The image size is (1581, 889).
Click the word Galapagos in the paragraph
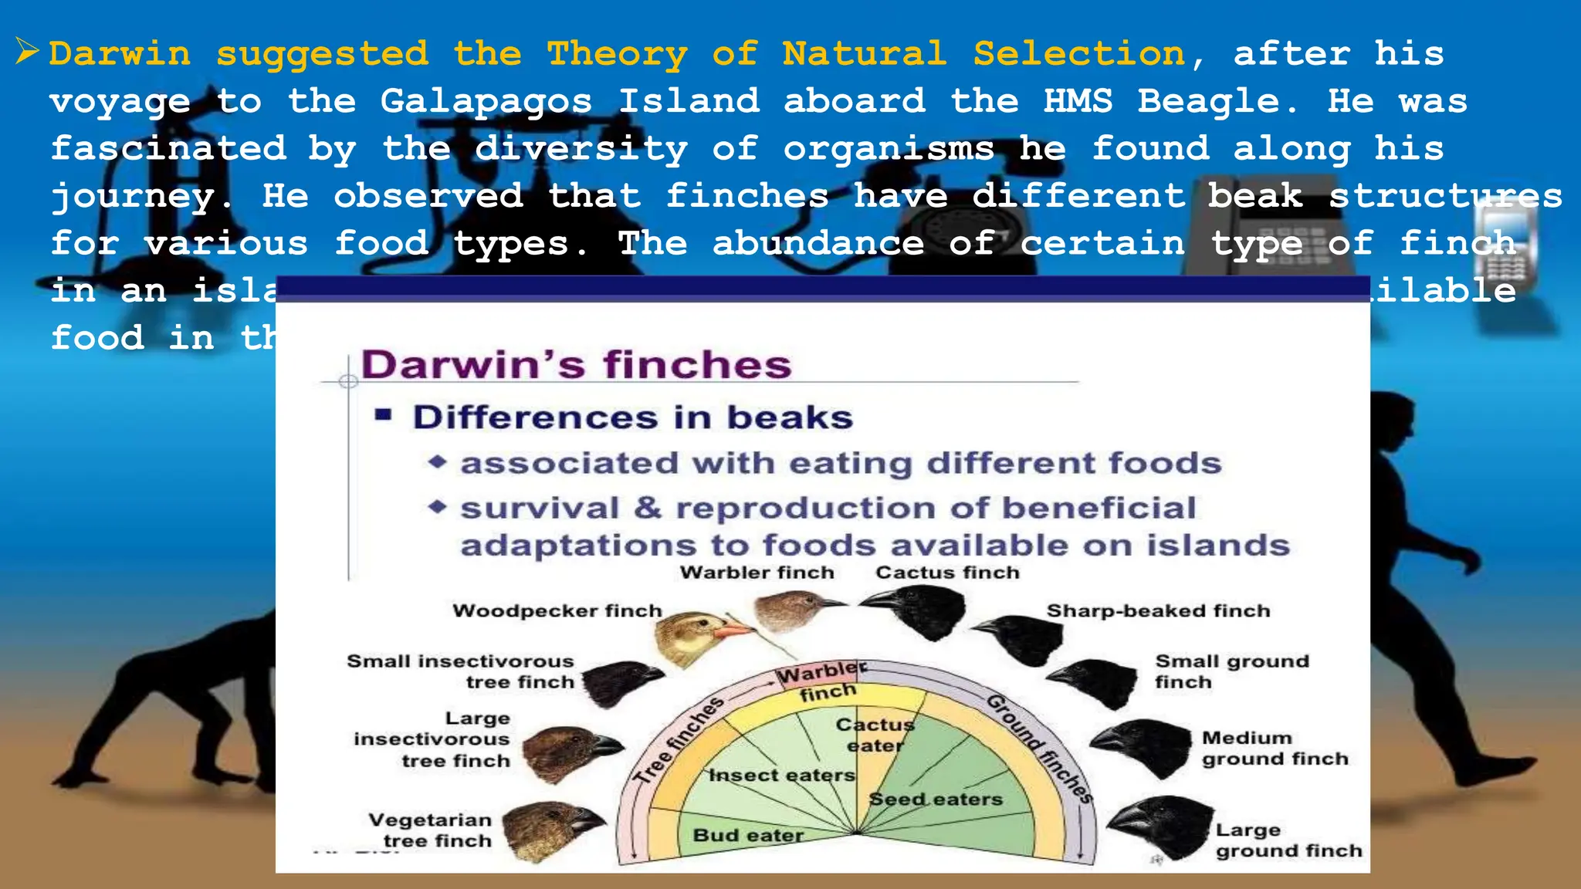[486, 102]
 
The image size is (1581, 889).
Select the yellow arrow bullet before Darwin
[27, 52]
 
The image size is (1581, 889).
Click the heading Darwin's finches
[576, 364]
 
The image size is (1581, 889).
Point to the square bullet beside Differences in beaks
[384, 417]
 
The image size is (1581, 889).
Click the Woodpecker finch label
[557, 611]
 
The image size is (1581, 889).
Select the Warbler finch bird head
[791, 610]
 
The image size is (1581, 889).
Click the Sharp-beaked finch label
[1158, 611]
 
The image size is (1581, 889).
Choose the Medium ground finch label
[1274, 749]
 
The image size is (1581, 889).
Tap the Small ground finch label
[1231, 671]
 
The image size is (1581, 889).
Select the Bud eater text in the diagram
[747, 835]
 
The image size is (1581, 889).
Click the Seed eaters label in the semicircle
[936, 799]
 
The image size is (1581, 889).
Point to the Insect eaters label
[782, 775]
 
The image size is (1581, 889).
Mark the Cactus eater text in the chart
[875, 735]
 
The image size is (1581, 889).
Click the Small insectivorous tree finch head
[621, 681]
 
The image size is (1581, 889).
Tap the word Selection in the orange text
[1078, 54]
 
